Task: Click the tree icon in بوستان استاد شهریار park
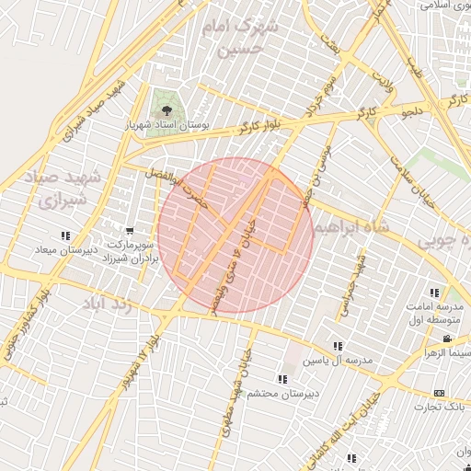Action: pyautogui.click(x=167, y=111)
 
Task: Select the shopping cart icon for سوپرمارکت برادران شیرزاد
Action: pyautogui.click(x=130, y=231)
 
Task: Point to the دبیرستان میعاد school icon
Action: pyautogui.click(x=64, y=235)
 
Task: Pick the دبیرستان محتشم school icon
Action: pyautogui.click(x=282, y=379)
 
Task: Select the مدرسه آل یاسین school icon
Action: pyautogui.click(x=338, y=347)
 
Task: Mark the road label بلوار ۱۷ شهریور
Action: pyautogui.click(x=131, y=368)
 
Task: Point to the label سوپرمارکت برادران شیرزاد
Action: pyautogui.click(x=134, y=253)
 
